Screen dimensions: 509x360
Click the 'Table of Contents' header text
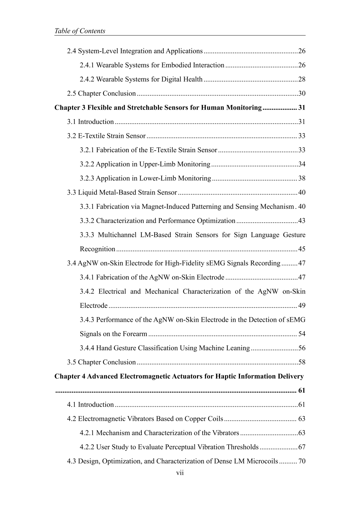point(80,31)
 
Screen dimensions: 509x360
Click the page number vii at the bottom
point(180,473)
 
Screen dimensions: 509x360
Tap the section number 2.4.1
point(87,65)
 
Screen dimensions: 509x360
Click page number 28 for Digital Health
point(302,79)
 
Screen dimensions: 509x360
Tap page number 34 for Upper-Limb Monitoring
point(302,164)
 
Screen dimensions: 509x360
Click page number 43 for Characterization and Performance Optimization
point(302,221)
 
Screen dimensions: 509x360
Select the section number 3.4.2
point(87,292)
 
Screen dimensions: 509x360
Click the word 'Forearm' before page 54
point(135,334)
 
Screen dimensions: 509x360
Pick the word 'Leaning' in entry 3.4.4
point(238,348)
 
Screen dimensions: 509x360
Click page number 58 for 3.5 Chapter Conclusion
point(302,362)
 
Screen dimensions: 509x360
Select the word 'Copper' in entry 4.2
point(195,419)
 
